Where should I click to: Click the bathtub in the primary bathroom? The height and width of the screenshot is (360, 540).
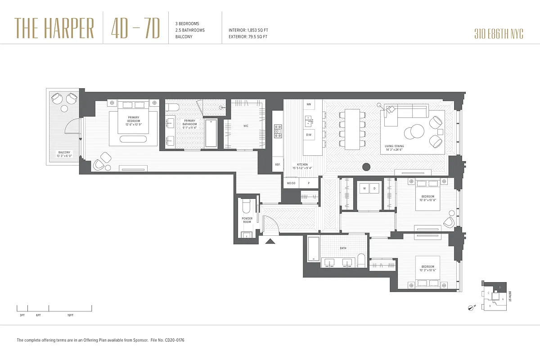(x=211, y=133)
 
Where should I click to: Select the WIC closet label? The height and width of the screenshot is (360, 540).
(x=246, y=126)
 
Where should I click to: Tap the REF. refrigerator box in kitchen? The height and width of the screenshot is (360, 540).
(x=278, y=165)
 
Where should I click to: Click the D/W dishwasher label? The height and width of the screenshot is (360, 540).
(x=309, y=135)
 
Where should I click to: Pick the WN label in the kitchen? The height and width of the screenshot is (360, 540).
(x=309, y=104)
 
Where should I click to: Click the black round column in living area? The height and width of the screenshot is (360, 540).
(x=366, y=166)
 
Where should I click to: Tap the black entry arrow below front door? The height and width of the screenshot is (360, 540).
(x=270, y=242)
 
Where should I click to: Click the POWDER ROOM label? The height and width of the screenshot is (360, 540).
(x=247, y=220)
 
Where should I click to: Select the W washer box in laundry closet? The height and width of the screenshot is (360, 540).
(x=364, y=188)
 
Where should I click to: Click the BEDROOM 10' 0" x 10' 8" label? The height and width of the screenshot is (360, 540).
(x=427, y=198)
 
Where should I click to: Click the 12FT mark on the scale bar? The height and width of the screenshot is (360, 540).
(x=70, y=315)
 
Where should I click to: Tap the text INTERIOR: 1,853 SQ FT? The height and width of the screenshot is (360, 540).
(x=248, y=30)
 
